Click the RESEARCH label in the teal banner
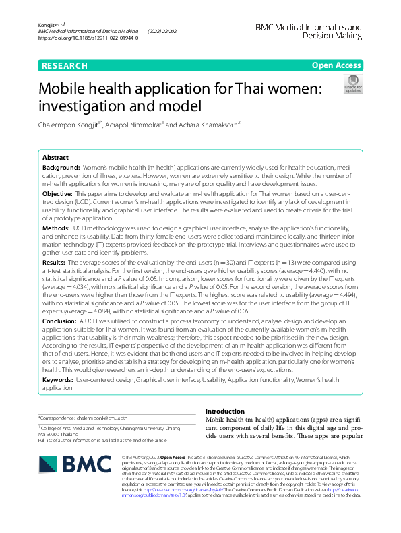[x=65, y=65]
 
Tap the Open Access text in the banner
[x=336, y=65]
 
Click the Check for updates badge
[x=352, y=84]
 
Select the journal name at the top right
[x=308, y=32]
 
